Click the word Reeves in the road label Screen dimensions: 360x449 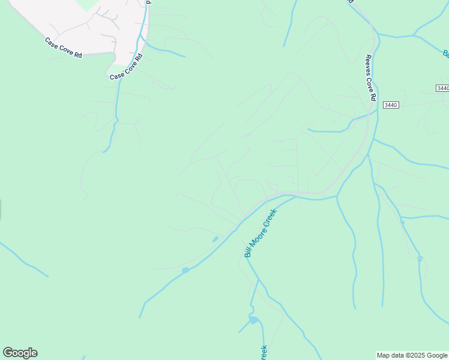coord(368,64)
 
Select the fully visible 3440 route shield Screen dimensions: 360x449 coord(391,105)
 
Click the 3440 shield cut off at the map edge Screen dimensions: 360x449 coord(443,88)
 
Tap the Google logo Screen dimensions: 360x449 coord(20,353)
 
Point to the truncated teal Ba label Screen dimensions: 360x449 coord(446,54)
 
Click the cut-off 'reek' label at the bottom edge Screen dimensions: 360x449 coord(263,353)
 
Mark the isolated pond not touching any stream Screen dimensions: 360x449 coord(215,239)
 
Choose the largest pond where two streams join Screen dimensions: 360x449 coord(254,320)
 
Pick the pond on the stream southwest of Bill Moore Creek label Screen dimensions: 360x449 coord(185,271)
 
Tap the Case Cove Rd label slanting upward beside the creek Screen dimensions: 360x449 coord(126,67)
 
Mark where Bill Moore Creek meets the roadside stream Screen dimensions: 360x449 coord(298,196)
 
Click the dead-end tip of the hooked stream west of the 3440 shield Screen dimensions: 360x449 coord(308,128)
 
